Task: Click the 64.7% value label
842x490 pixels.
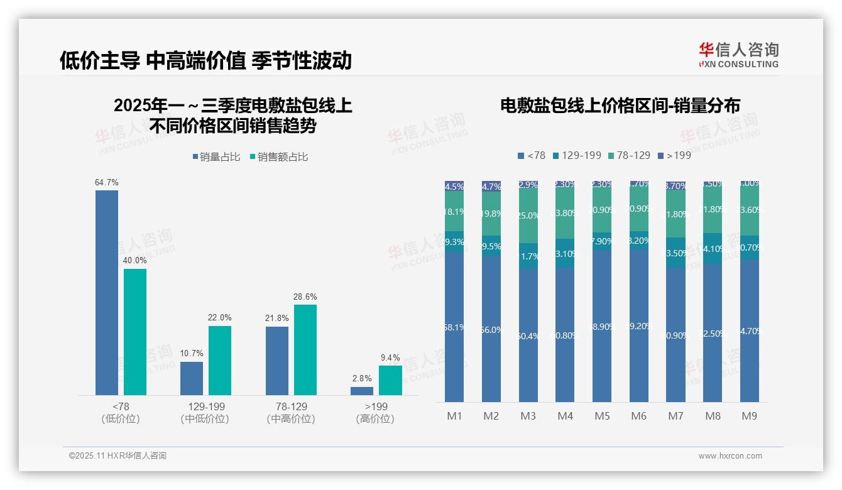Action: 107,183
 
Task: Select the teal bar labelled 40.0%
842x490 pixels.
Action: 135,332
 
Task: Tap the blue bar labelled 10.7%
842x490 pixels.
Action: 192,378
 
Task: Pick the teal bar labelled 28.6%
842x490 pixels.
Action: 305,349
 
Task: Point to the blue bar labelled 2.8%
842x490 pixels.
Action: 362,391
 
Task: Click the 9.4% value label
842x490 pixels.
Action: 390,358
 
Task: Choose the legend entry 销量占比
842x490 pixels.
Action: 216,157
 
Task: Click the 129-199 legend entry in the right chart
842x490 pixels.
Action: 576,155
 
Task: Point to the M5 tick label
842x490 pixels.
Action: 602,416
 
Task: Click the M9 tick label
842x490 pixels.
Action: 750,416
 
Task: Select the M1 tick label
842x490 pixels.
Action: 454,416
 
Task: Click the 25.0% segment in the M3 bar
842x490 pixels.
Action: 528,216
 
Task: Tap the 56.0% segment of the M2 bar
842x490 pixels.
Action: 491,329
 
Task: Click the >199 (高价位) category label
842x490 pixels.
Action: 376,413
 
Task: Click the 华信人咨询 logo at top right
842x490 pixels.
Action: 738,55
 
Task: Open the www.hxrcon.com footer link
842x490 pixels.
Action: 730,456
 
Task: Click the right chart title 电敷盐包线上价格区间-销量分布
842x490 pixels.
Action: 620,106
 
